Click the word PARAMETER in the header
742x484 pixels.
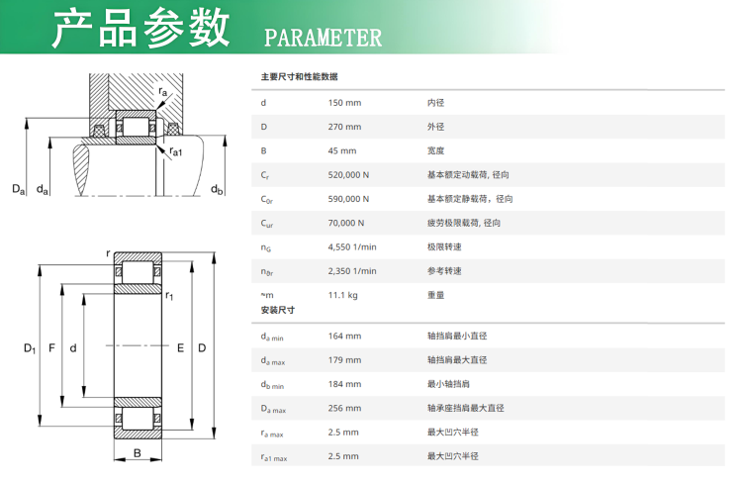pyautogui.click(x=323, y=38)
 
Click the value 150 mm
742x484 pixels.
pyautogui.click(x=344, y=103)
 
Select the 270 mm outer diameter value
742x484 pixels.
pyautogui.click(x=344, y=127)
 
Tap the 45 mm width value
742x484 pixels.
pyautogui.click(x=342, y=151)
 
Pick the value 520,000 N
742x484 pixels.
pyautogui.click(x=348, y=175)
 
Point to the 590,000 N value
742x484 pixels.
pyautogui.click(x=348, y=199)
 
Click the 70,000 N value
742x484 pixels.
pyautogui.click(x=346, y=223)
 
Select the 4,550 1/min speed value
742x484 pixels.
pyautogui.click(x=352, y=247)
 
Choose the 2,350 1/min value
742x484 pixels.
pyautogui.click(x=352, y=271)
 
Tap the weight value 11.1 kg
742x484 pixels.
pyautogui.click(x=342, y=296)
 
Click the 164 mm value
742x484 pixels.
pyautogui.click(x=344, y=337)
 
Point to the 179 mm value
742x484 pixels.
pyautogui.click(x=344, y=360)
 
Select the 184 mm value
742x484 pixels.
pyautogui.click(x=344, y=384)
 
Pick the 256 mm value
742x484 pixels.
pyautogui.click(x=344, y=408)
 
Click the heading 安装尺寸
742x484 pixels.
pyautogui.click(x=278, y=310)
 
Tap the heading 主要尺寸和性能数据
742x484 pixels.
pyautogui.click(x=299, y=77)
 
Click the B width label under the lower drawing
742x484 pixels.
pyautogui.click(x=138, y=453)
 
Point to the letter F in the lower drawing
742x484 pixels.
pyautogui.click(x=51, y=348)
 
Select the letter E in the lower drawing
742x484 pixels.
pyautogui.click(x=180, y=348)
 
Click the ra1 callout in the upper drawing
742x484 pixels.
pyautogui.click(x=175, y=152)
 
